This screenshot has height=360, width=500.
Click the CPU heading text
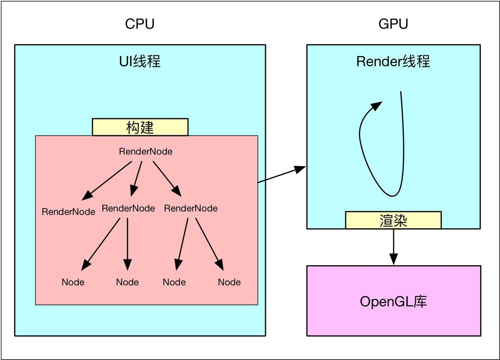tap(140, 24)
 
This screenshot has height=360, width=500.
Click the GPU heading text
tap(393, 24)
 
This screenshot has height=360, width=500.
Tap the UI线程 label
tap(140, 61)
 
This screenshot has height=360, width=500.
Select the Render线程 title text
tap(393, 61)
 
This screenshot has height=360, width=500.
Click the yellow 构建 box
tap(140, 127)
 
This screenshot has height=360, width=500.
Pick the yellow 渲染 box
tap(393, 220)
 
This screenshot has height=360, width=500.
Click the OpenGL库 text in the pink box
tap(393, 301)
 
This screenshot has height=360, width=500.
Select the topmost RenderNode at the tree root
tap(146, 152)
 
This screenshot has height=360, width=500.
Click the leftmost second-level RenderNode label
tap(69, 212)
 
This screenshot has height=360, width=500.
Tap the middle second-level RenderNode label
tap(128, 209)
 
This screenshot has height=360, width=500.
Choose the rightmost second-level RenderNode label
tap(191, 209)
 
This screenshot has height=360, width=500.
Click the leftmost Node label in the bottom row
tap(73, 282)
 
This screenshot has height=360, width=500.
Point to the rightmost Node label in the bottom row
tap(229, 282)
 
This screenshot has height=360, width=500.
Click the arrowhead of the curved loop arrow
tap(376, 106)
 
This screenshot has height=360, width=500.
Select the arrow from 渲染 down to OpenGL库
tap(394, 247)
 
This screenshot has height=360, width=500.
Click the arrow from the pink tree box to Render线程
tap(282, 174)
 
